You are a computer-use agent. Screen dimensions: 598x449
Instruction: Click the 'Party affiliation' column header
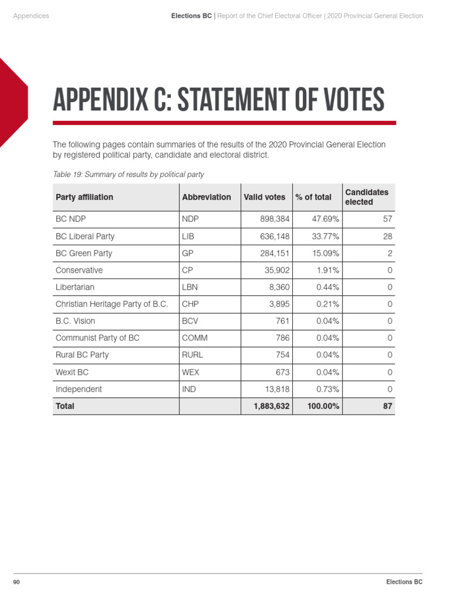click(84, 197)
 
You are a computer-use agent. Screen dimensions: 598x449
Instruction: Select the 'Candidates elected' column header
click(367, 197)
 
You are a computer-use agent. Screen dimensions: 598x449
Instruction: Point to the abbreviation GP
click(188, 253)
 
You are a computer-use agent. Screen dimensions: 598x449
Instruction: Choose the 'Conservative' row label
click(79, 270)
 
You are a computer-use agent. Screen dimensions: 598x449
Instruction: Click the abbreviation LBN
click(190, 287)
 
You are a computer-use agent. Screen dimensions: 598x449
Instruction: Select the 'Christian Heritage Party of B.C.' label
click(112, 304)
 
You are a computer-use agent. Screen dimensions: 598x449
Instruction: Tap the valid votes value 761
click(282, 321)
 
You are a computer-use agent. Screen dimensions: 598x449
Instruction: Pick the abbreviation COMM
click(195, 338)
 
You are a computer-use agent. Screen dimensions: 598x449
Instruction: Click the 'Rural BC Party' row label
click(82, 355)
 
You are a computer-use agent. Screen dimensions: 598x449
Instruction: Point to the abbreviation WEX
click(191, 372)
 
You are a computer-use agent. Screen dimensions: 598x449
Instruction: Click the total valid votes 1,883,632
click(272, 406)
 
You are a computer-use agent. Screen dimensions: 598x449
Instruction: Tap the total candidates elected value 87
click(387, 406)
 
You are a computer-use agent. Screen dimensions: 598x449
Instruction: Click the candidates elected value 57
click(388, 220)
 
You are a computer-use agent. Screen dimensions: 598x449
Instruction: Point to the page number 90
click(17, 582)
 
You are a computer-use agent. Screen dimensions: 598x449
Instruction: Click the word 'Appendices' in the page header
click(31, 16)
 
